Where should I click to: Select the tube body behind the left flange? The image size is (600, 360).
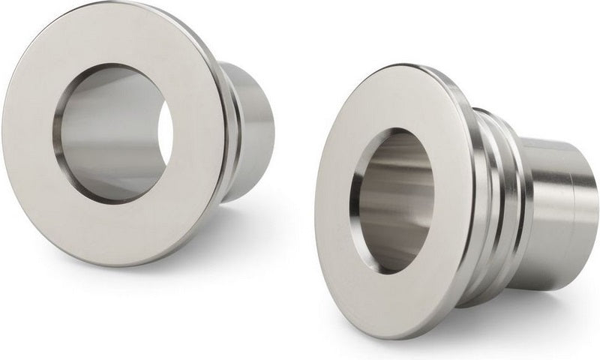coord(251,135)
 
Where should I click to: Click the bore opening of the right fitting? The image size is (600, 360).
coord(394,199)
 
